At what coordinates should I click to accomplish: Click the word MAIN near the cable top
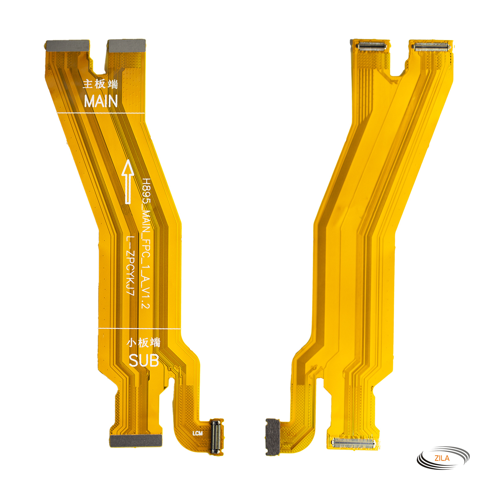[x=101, y=101]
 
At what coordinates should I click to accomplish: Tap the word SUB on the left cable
[x=144, y=360]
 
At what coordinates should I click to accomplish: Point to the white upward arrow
[x=127, y=182]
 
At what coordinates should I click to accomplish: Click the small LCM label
[x=197, y=433]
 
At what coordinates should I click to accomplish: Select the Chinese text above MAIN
[x=101, y=84]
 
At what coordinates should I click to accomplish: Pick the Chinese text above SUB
[x=144, y=343]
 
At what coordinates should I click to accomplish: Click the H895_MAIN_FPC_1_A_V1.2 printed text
[x=146, y=243]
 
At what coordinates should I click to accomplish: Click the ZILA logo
[x=443, y=458]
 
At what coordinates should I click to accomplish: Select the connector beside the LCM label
[x=216, y=437]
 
